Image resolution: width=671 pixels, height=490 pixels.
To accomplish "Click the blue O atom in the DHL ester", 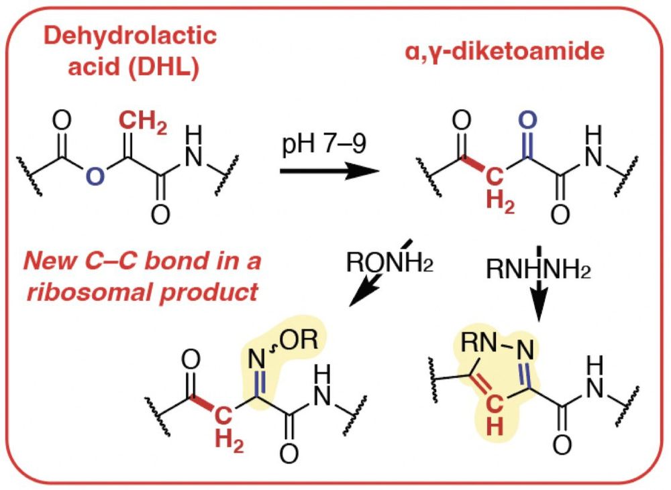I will (98, 178).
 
